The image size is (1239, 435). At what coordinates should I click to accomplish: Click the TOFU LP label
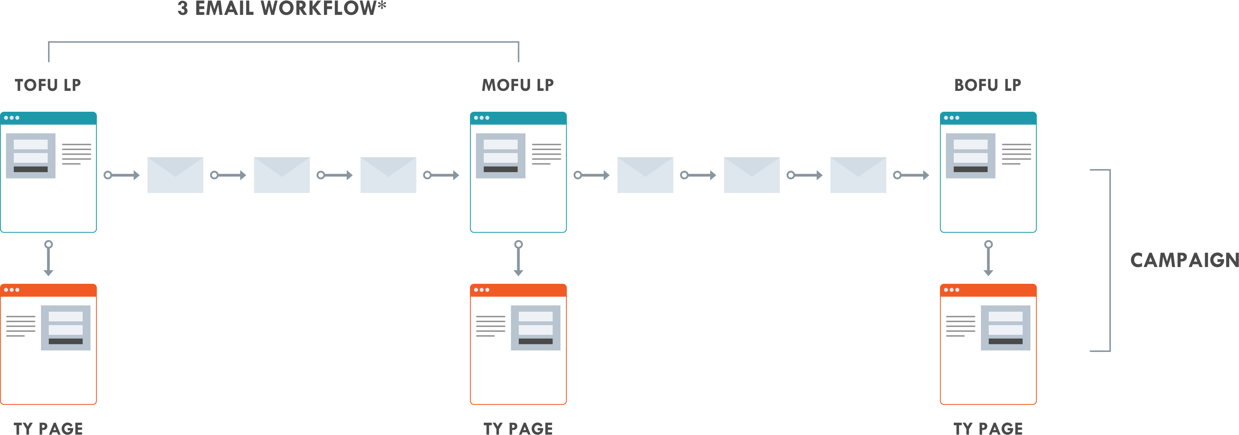point(48,85)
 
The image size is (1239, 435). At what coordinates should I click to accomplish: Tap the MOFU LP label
point(518,85)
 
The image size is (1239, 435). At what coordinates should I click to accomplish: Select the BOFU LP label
point(988,85)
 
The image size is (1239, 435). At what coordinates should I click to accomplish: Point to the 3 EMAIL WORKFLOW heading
point(282,8)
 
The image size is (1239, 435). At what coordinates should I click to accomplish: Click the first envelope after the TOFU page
point(175,175)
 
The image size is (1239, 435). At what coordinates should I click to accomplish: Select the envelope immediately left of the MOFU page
point(388,175)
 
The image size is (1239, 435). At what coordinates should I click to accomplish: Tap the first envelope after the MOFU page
point(645,175)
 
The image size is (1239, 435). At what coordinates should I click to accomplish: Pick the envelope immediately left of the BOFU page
point(858,175)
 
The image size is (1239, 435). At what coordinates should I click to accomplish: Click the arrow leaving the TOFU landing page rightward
point(122,175)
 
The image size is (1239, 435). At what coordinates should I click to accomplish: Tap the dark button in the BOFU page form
point(970,169)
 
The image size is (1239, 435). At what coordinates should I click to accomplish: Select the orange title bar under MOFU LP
point(518,290)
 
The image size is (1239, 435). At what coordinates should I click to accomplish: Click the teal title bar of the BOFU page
point(988,118)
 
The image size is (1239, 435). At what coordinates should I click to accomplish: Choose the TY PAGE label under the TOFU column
point(48,428)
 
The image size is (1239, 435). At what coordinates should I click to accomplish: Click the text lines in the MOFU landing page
point(546,154)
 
